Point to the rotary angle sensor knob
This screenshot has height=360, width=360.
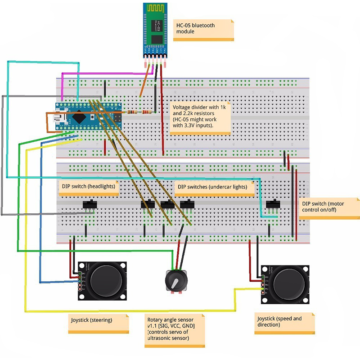(x=173, y=281)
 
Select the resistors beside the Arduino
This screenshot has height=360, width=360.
(x=139, y=112)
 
